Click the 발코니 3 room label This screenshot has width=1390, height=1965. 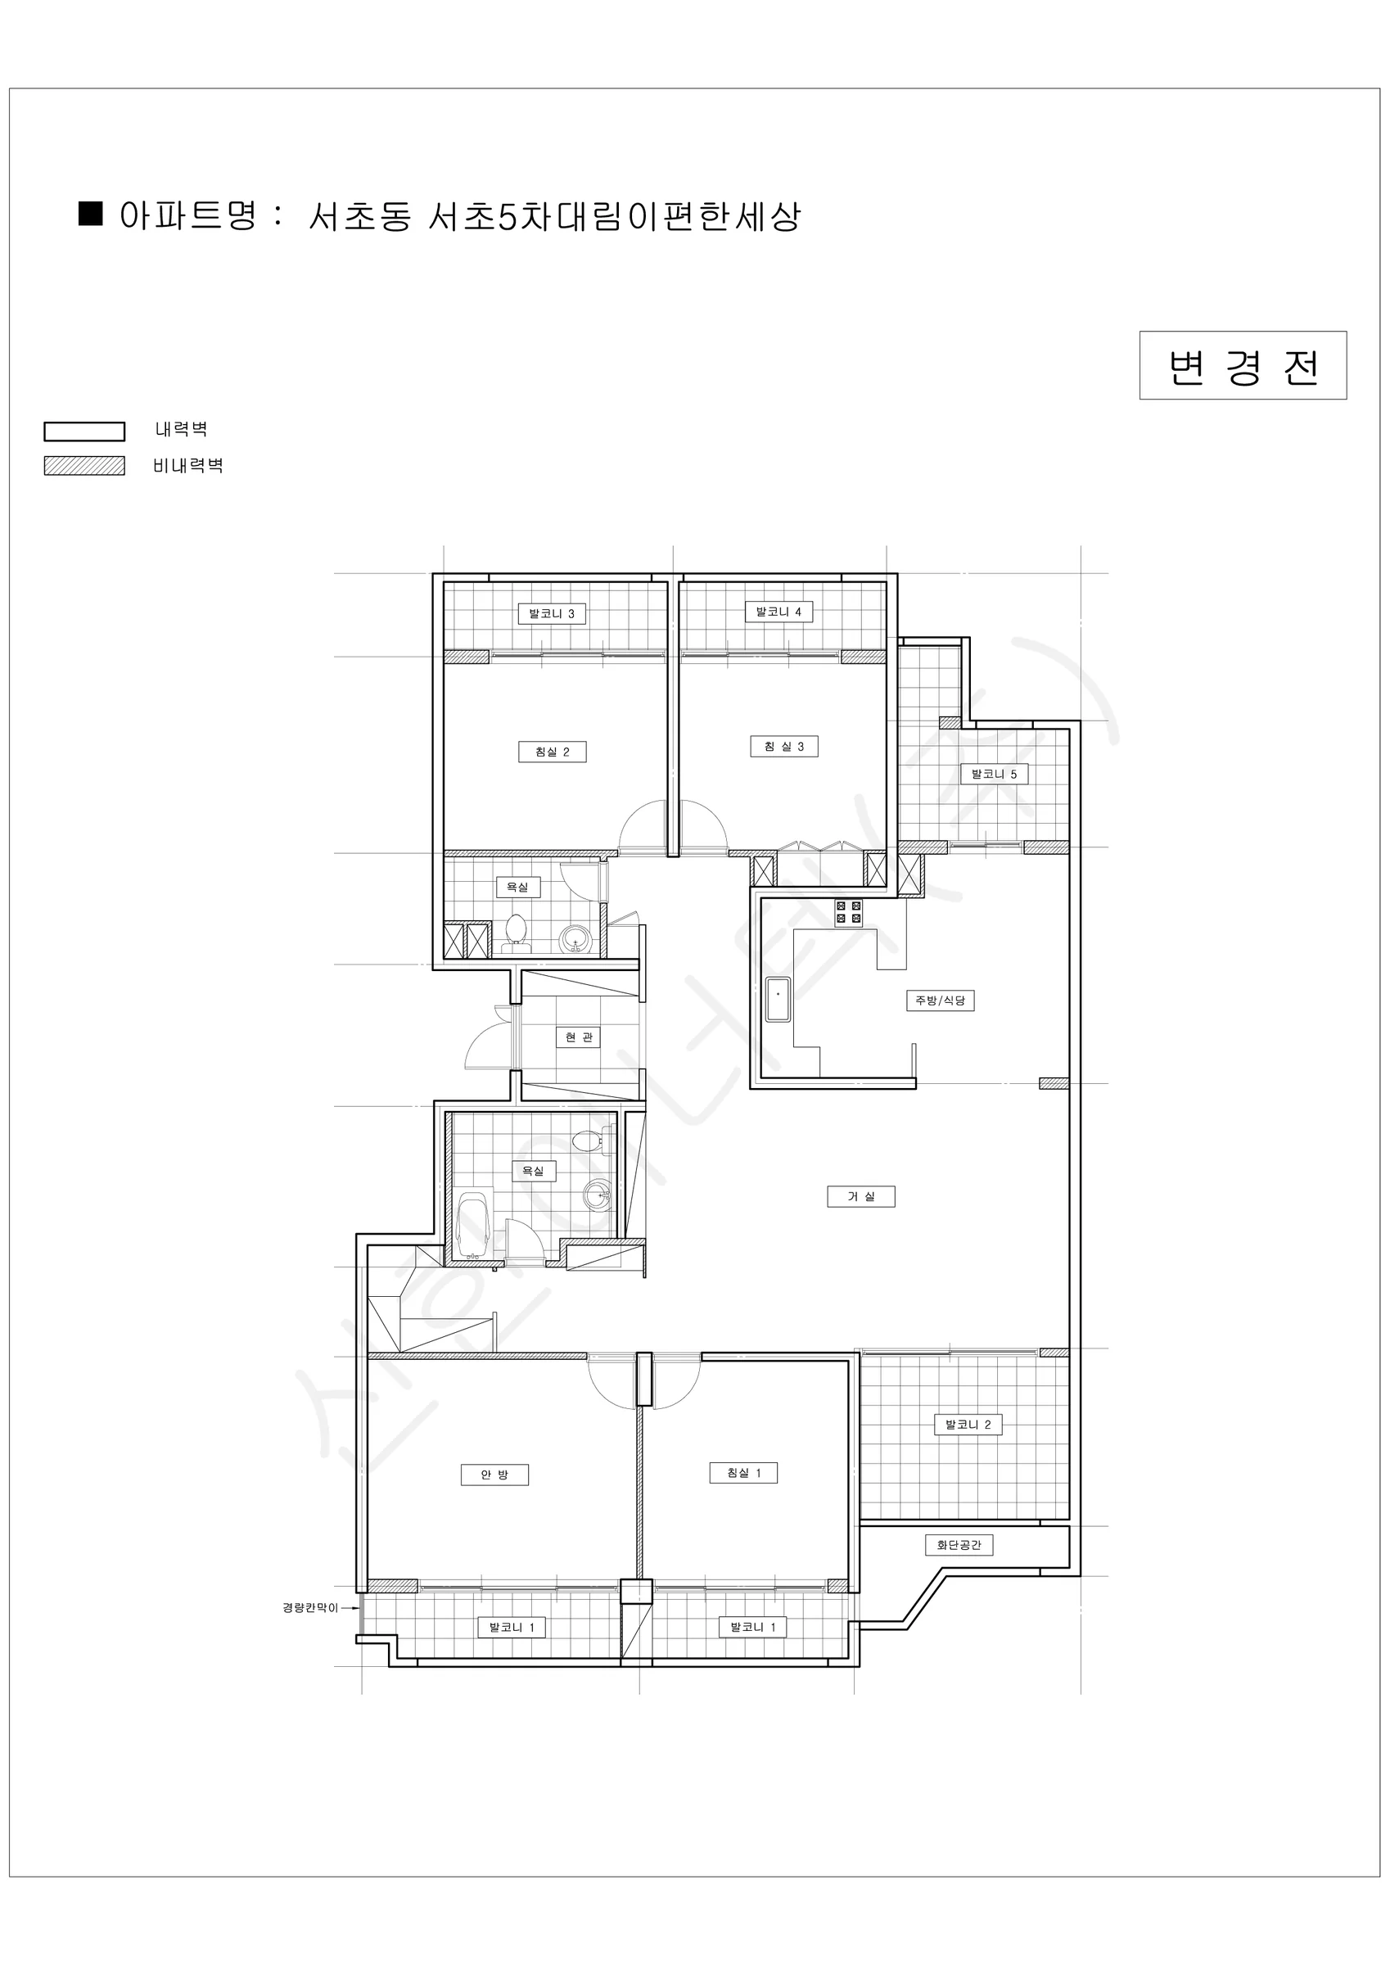552,613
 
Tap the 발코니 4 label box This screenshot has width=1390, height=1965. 778,612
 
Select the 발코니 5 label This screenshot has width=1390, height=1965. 994,775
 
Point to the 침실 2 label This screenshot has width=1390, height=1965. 552,752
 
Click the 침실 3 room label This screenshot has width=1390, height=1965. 784,746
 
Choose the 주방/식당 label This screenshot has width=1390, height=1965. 941,1001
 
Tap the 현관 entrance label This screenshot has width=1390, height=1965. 579,1037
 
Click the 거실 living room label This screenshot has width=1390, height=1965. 861,1196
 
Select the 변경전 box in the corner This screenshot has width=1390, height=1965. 1243,365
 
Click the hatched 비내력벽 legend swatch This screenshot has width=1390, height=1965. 85,466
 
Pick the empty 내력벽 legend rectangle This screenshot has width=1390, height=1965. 85,431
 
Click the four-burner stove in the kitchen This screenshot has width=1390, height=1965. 849,912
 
